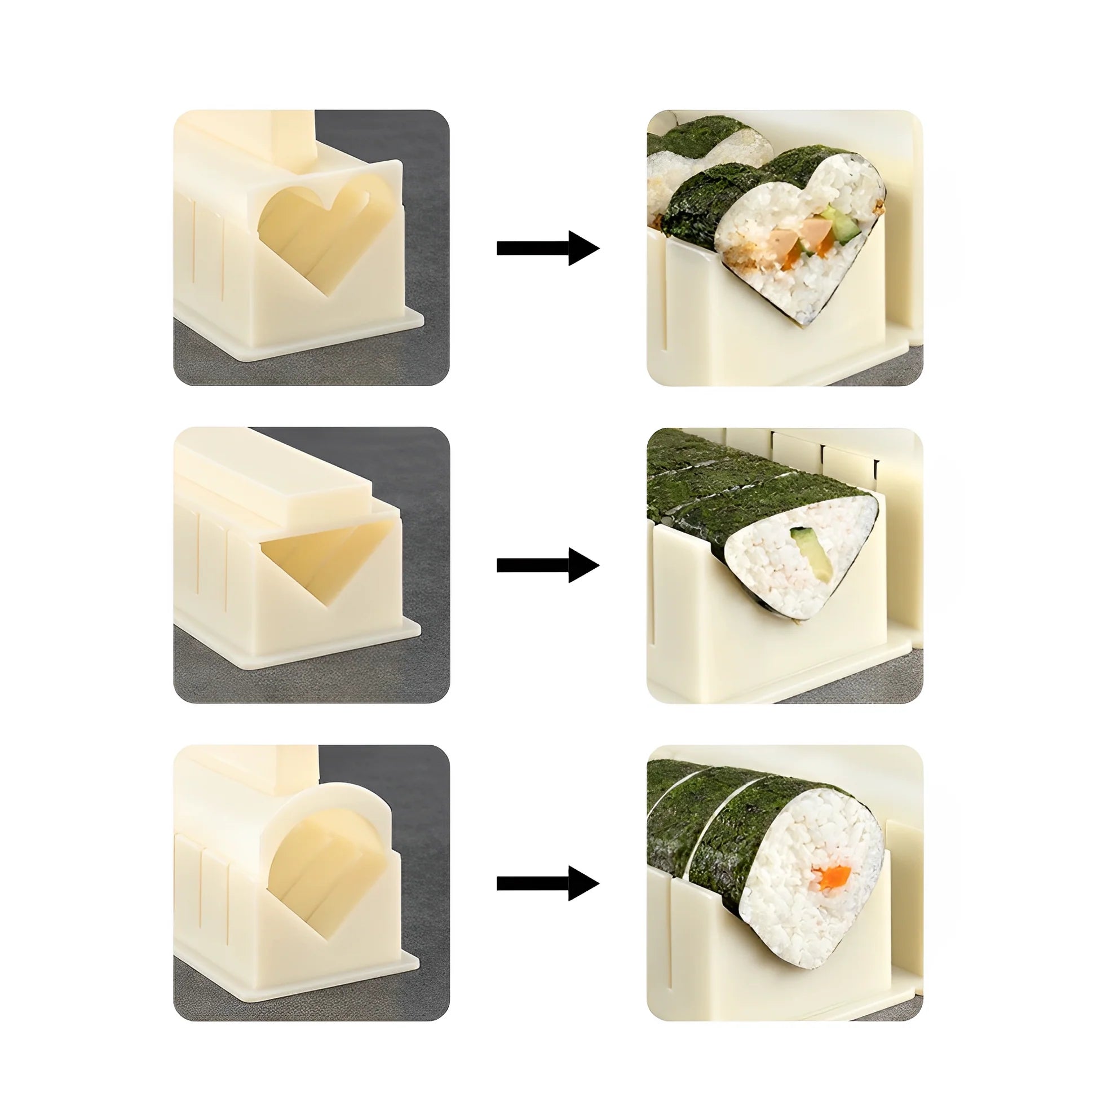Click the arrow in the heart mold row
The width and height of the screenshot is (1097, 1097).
click(548, 248)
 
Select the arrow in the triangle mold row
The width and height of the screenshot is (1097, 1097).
click(548, 565)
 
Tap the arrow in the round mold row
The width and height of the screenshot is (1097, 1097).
click(548, 883)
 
